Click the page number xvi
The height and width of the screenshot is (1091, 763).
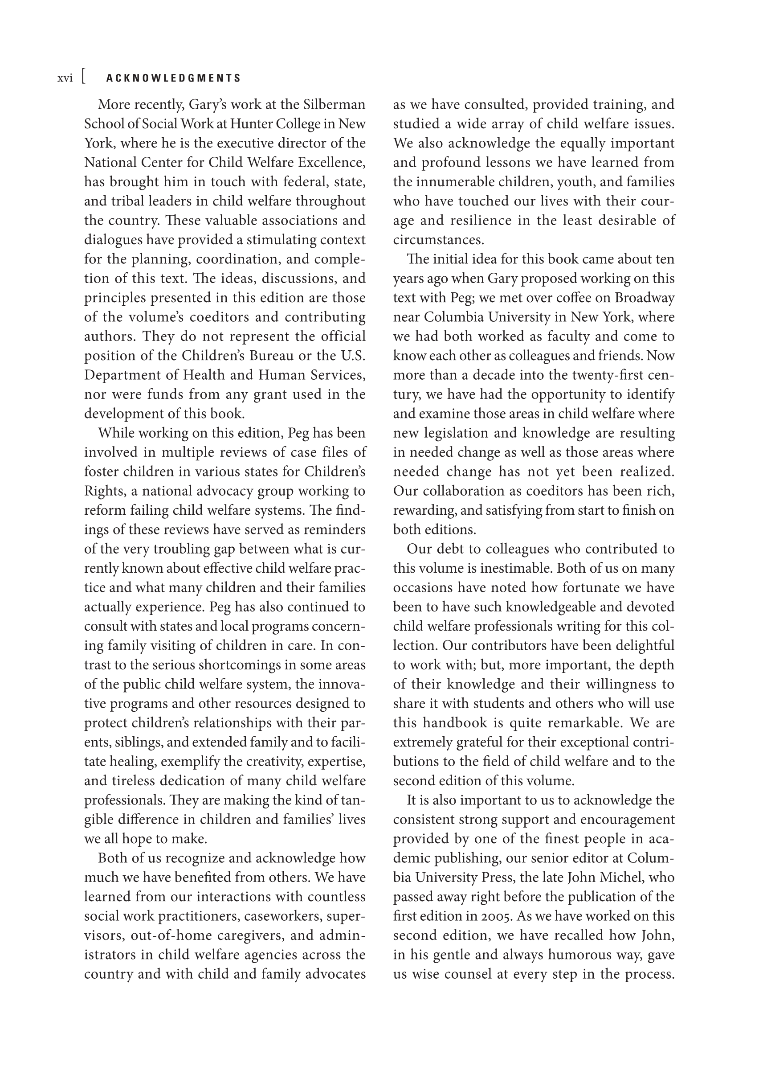pyautogui.click(x=65, y=78)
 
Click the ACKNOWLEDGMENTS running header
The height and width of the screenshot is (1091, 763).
pyautogui.click(x=174, y=78)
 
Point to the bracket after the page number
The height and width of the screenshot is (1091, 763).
pyautogui.click(x=84, y=77)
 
